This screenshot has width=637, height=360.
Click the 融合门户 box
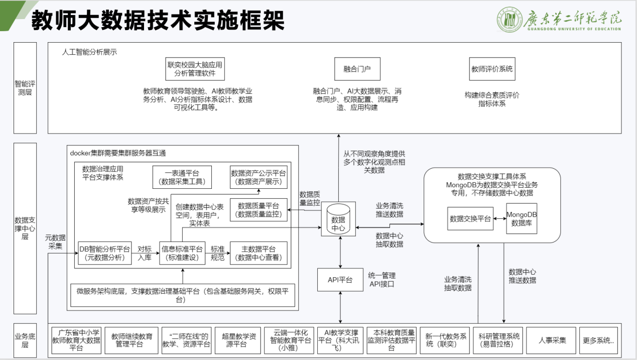357,69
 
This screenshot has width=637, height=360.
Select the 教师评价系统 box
492,69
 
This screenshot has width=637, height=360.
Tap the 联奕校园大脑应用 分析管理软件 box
195,69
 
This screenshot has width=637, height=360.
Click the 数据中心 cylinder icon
338,219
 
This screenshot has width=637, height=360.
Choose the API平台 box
340,280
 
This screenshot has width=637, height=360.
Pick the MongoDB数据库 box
522,218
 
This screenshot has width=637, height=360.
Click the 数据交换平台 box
470,218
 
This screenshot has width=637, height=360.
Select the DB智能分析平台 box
104,253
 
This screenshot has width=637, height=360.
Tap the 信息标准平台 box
182,253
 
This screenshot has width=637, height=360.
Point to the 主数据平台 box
259,253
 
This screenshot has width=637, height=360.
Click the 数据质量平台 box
259,210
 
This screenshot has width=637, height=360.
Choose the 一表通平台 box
182,177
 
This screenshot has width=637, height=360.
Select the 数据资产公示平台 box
259,177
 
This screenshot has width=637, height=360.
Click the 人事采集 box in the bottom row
551,340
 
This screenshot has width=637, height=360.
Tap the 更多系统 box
599,340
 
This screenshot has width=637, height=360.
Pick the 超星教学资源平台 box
238,340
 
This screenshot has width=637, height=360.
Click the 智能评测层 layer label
25,88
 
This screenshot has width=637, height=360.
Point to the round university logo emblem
509,20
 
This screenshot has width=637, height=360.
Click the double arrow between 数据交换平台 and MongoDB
499,219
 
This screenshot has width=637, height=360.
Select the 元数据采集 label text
55,242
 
